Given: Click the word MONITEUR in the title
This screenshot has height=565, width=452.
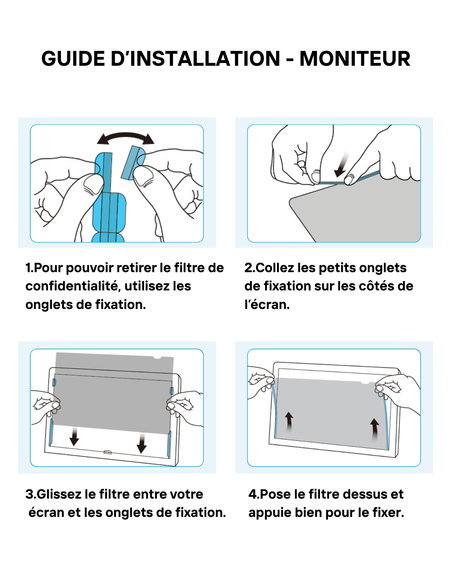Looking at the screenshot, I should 355,58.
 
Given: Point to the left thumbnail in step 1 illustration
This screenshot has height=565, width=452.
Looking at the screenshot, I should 93,185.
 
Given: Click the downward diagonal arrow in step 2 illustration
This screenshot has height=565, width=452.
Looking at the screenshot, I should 342,166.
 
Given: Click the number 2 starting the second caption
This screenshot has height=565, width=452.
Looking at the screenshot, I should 248,268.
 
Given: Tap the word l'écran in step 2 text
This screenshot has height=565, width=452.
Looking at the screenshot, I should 267,304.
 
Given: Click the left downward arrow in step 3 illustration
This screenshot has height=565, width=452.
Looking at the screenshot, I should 74,437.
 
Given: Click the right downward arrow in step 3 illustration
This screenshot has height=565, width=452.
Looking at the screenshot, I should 142,443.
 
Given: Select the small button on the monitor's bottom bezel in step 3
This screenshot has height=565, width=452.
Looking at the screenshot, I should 107,452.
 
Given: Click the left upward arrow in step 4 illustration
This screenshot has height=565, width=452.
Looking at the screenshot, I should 289,422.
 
